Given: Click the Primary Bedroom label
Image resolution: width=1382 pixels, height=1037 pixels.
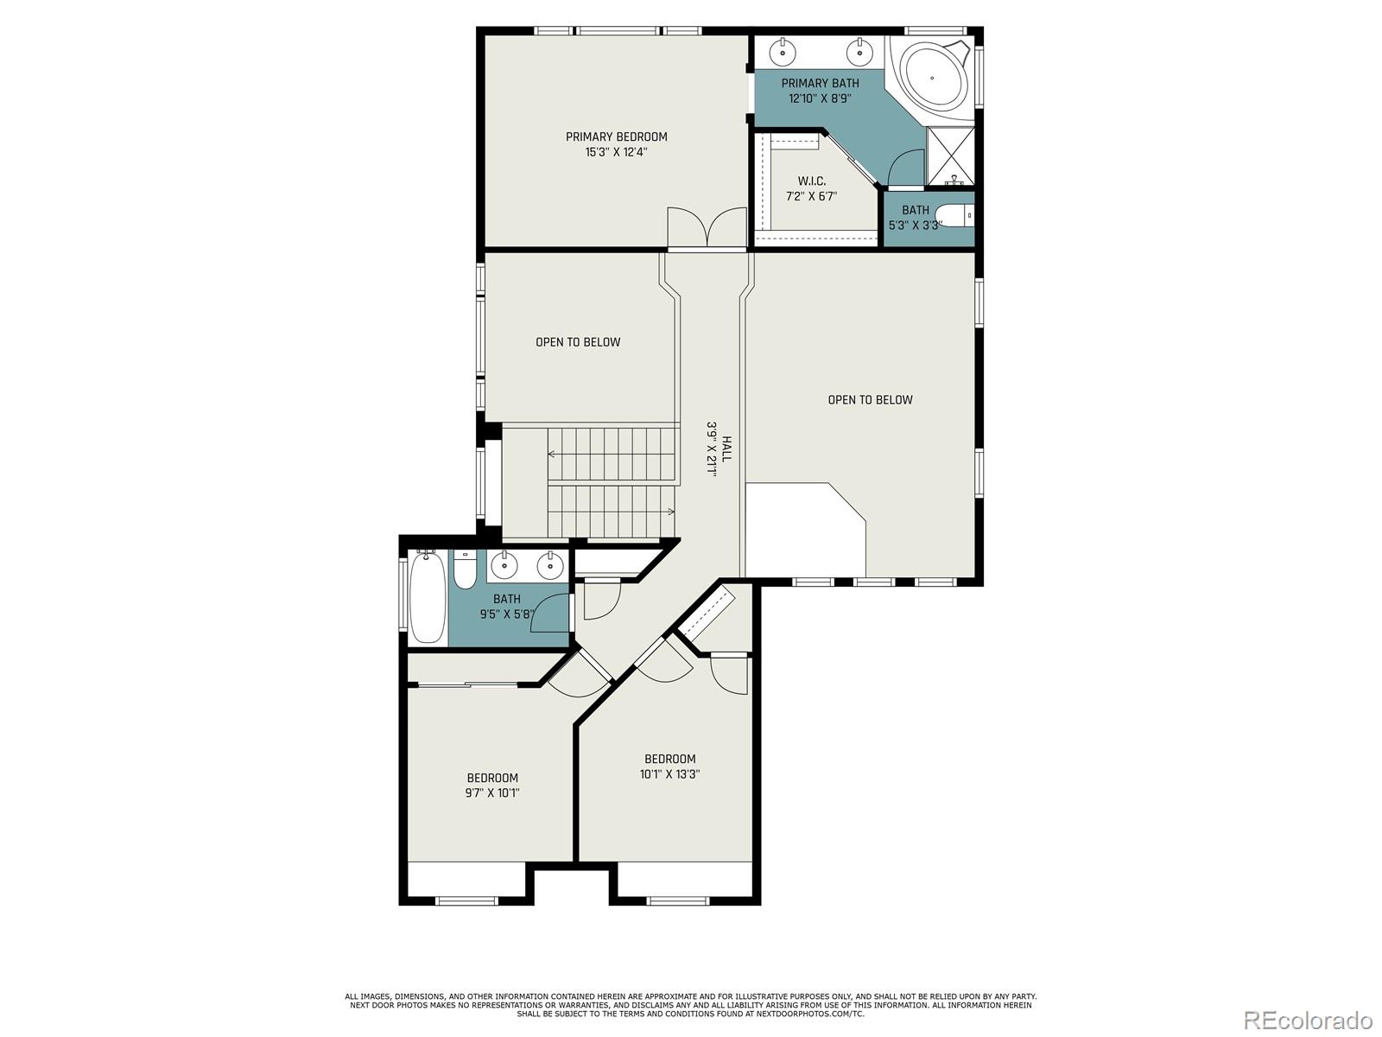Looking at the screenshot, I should coord(616,137).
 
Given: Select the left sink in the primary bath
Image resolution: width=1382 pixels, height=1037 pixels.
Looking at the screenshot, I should coord(783,52).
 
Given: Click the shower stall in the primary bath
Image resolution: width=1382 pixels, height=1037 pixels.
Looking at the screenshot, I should coord(950,155).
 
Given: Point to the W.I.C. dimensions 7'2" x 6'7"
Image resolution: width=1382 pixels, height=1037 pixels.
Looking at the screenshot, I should coord(811,196).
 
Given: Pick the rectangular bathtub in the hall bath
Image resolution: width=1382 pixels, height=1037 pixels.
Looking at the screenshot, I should coord(425,597).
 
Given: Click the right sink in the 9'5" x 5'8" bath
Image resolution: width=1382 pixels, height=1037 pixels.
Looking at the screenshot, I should coord(550,566).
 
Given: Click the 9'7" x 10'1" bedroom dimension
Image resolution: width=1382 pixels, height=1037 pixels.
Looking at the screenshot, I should coord(492,792).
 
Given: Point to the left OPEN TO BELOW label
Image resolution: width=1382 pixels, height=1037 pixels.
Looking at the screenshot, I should coord(578,342).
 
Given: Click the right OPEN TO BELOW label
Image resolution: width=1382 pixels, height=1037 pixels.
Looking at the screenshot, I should coord(870,399).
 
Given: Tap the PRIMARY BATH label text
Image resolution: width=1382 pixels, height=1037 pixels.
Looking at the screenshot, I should coord(820,83).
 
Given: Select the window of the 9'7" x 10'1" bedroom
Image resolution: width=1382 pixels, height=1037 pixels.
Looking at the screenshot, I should coord(466,900).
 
